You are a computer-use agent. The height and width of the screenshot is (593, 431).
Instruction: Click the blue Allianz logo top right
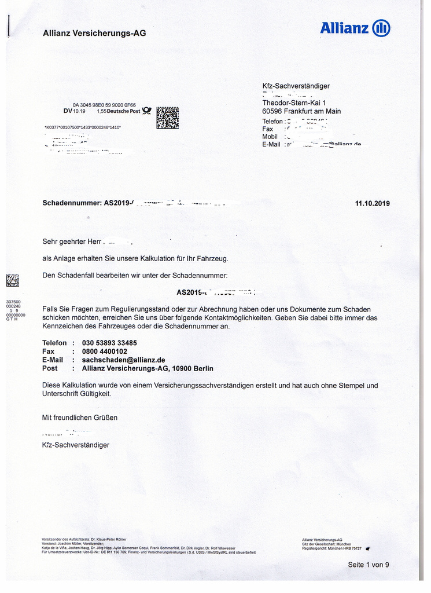[x=355, y=28]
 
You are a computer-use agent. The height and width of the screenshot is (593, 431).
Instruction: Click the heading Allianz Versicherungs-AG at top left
[x=94, y=34]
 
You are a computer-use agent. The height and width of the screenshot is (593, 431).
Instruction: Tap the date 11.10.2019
[x=372, y=203]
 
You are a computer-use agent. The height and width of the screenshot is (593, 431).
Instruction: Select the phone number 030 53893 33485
[x=109, y=343]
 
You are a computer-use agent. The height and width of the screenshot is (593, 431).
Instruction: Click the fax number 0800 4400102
[x=105, y=352]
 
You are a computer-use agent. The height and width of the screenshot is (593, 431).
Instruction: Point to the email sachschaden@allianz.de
[x=124, y=360]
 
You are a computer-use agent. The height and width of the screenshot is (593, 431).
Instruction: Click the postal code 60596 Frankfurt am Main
[x=301, y=111]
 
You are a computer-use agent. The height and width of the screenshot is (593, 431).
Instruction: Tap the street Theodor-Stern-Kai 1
[x=294, y=103]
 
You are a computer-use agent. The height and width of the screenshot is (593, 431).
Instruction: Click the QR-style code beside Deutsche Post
[x=167, y=117]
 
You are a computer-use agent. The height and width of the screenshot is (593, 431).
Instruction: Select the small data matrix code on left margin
[x=12, y=280]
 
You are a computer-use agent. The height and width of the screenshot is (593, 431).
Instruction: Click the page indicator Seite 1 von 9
[x=368, y=565]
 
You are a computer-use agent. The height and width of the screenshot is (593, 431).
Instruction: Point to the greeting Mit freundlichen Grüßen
[x=80, y=418]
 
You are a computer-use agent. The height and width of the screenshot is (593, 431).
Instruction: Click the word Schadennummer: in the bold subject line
[x=72, y=203]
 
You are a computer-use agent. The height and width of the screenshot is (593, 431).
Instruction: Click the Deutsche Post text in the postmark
[x=124, y=111]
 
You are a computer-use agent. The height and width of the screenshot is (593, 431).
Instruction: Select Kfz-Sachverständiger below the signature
[x=76, y=445]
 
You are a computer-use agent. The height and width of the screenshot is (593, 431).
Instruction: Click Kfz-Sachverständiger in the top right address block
[x=296, y=86]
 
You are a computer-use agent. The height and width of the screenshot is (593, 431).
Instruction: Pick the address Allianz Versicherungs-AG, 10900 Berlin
[x=148, y=368]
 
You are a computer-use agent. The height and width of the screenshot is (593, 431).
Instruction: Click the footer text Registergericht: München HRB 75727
[x=331, y=548]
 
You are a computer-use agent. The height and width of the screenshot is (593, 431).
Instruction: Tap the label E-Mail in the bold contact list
[x=52, y=360]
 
